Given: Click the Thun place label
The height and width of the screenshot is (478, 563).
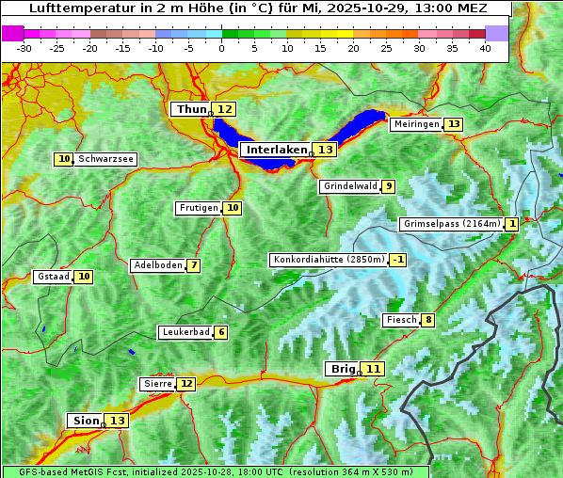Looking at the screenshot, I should tap(191, 110).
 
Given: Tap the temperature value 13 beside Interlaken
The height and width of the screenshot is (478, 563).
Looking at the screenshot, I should tap(326, 150).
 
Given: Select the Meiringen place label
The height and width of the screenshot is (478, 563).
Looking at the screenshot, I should tap(416, 124).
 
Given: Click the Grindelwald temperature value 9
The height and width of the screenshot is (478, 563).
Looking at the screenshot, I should tap(388, 186).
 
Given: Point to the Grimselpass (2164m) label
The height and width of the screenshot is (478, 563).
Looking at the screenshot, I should tap(451, 224).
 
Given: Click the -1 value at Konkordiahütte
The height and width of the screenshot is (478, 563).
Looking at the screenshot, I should tap(398, 260).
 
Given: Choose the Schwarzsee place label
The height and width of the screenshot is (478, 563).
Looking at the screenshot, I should tap(105, 159).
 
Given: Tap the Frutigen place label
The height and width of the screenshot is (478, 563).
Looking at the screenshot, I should tap(198, 208).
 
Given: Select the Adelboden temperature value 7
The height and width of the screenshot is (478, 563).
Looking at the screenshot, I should tap(193, 265).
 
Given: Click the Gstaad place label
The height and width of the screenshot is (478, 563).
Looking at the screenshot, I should tap(53, 277).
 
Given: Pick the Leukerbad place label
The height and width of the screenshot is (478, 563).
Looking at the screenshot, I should tap(185, 332).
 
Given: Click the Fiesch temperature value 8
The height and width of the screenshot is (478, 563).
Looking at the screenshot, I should tap(427, 320).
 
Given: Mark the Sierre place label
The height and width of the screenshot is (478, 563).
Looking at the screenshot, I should tap(157, 384).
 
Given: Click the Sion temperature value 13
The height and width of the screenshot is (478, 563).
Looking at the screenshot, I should tap(117, 421).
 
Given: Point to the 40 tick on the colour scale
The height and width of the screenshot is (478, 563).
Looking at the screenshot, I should tap(485, 48).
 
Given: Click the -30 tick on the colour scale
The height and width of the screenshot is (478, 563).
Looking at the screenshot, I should tap(24, 48).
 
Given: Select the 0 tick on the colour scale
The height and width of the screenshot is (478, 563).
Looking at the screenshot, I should tap(221, 48).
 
